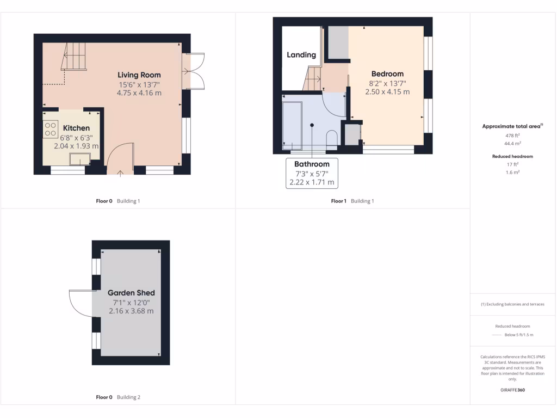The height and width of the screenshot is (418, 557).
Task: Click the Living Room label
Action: (139, 75)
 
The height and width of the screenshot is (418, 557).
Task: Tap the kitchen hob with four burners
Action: (51, 128)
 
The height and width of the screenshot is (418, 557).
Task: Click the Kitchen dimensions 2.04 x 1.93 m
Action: (76, 146)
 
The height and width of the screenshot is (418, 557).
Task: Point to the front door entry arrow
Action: (120, 173)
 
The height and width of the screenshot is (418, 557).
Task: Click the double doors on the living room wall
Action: (194, 71)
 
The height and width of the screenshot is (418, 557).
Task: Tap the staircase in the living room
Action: (75, 58)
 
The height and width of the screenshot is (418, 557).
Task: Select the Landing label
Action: (301, 54)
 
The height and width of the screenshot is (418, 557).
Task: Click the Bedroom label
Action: (387, 74)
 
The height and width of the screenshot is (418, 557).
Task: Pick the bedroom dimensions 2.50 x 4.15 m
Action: (387, 92)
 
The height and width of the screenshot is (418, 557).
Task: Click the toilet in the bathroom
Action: (331, 138)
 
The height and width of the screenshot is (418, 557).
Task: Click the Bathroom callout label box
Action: (312, 173)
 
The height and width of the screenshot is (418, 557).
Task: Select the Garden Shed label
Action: (131, 293)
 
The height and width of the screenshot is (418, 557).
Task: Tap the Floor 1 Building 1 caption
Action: (352, 201)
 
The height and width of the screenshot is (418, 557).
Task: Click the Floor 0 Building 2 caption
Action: (118, 397)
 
